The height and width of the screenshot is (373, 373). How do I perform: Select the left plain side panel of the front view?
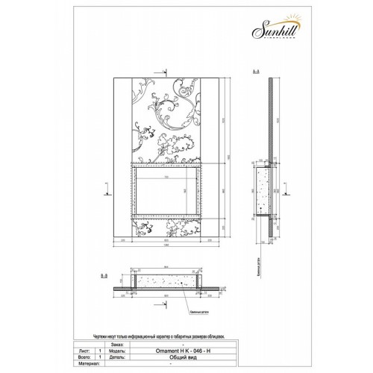[x=124, y=157]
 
